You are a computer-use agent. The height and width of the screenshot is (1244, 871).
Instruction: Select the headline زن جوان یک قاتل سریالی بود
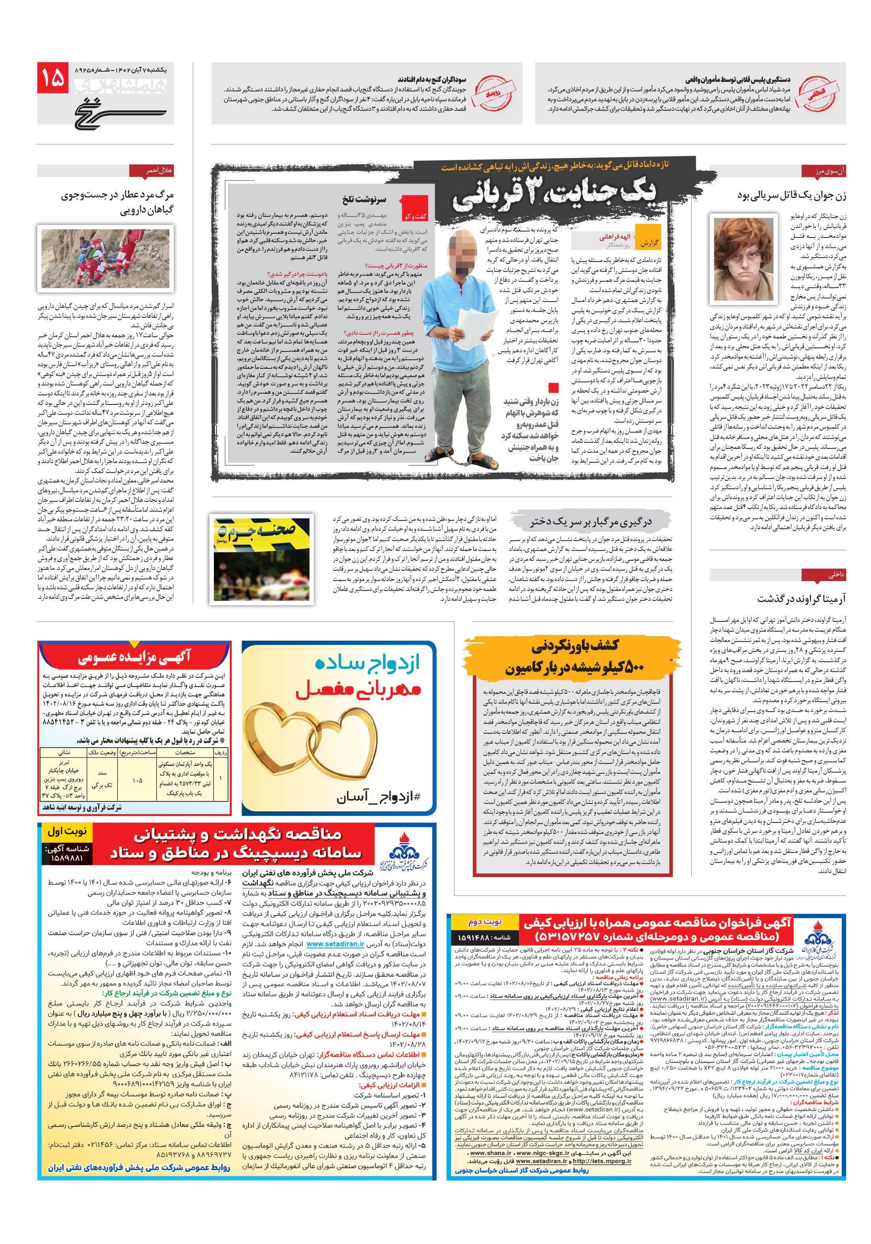(x=791, y=196)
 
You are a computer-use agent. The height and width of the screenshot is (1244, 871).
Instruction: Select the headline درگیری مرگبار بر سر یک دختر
(x=591, y=522)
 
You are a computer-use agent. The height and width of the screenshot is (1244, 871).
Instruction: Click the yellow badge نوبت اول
(x=66, y=831)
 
